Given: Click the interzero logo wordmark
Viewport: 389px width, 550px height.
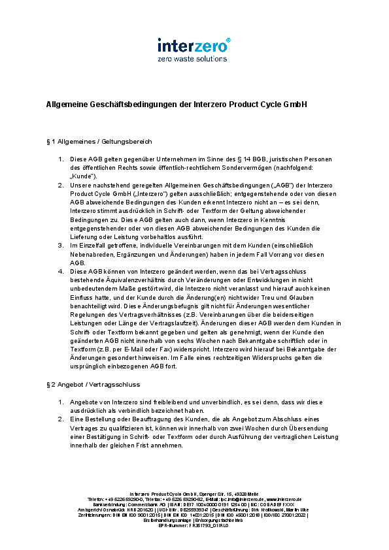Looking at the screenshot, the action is tap(192, 46).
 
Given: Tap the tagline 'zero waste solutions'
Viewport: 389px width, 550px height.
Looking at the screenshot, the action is tap(192, 59).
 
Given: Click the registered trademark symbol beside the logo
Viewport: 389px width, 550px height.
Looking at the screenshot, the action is tap(228, 40).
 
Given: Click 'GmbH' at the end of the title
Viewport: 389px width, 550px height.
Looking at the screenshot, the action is tap(295, 104).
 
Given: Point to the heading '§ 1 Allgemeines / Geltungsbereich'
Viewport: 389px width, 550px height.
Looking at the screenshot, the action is tap(99, 141).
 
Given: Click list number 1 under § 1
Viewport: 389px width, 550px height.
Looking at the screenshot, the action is tap(60, 159).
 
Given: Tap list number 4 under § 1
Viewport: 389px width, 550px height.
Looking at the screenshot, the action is tap(60, 270).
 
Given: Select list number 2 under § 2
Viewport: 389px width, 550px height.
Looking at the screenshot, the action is tap(60, 419).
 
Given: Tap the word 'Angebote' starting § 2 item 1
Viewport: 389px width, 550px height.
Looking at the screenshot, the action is tap(84, 402).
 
